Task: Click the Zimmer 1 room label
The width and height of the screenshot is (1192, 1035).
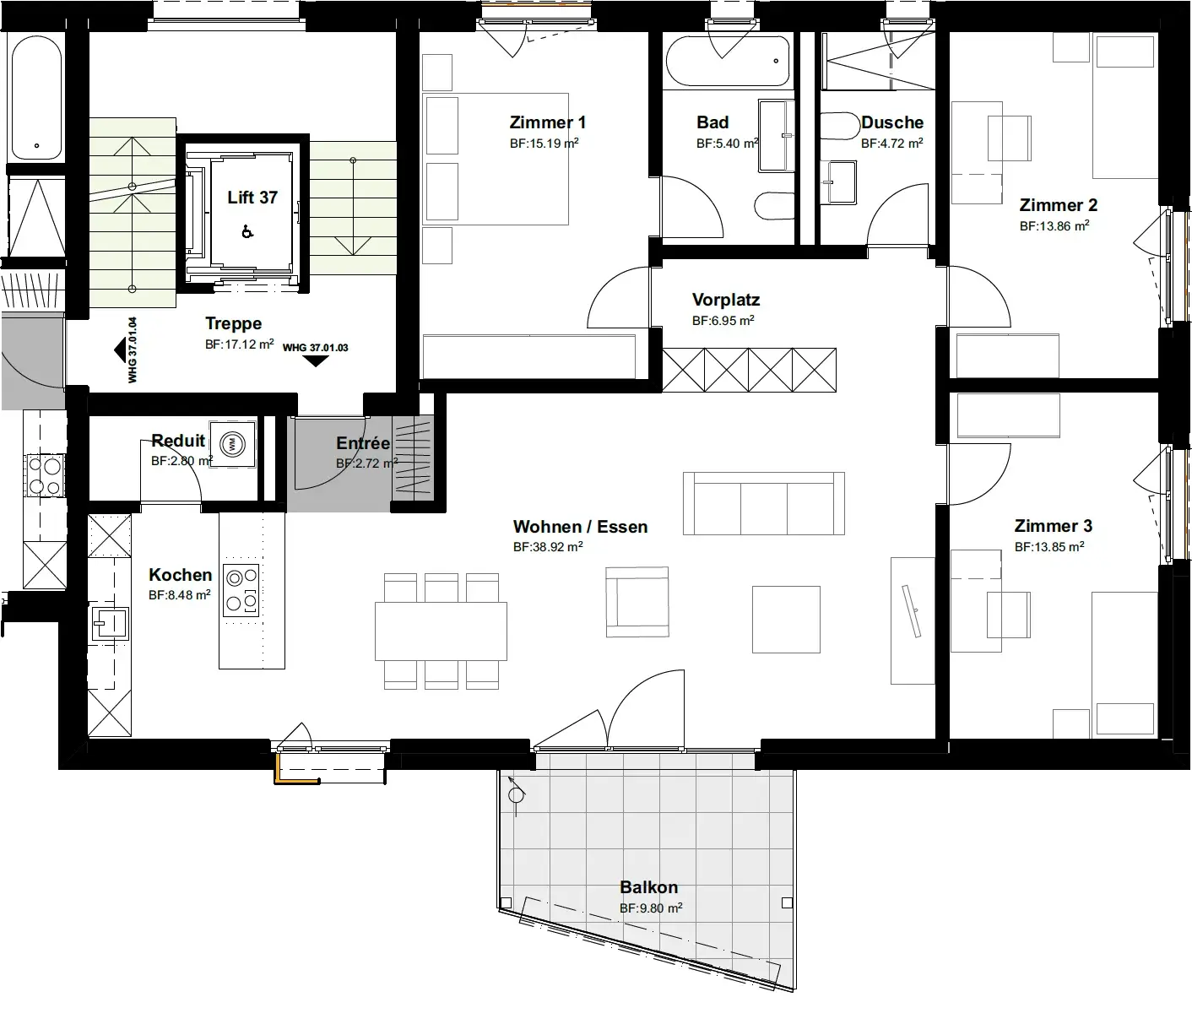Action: tap(547, 123)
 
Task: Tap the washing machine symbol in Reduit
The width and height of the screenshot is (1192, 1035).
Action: tap(232, 444)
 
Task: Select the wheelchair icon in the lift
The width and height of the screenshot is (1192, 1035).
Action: tap(247, 232)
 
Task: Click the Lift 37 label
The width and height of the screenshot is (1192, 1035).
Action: tap(252, 198)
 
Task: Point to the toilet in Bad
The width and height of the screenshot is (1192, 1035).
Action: tap(774, 206)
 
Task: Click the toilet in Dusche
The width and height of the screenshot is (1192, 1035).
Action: tap(840, 126)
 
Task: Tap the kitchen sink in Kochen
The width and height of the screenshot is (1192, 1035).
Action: tap(110, 623)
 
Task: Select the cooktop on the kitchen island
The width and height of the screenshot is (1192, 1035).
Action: tap(241, 590)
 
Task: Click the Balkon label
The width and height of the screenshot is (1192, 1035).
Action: tap(648, 887)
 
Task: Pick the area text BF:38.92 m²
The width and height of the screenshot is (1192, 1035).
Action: tap(548, 547)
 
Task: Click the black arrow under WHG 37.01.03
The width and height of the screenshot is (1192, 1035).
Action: tap(315, 361)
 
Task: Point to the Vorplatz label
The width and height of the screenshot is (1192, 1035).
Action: tap(726, 300)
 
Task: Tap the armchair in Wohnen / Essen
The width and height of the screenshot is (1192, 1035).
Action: tap(637, 602)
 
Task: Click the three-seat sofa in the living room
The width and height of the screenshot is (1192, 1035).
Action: tap(764, 503)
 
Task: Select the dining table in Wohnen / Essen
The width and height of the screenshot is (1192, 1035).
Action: tap(441, 631)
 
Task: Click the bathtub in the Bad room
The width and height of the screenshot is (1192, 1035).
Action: tap(728, 61)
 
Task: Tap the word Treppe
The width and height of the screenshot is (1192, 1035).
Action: tap(234, 324)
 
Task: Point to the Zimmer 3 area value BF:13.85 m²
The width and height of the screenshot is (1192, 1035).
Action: tap(1049, 547)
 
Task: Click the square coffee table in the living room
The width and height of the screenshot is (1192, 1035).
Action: tap(786, 619)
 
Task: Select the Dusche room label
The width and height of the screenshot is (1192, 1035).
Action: tap(892, 123)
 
